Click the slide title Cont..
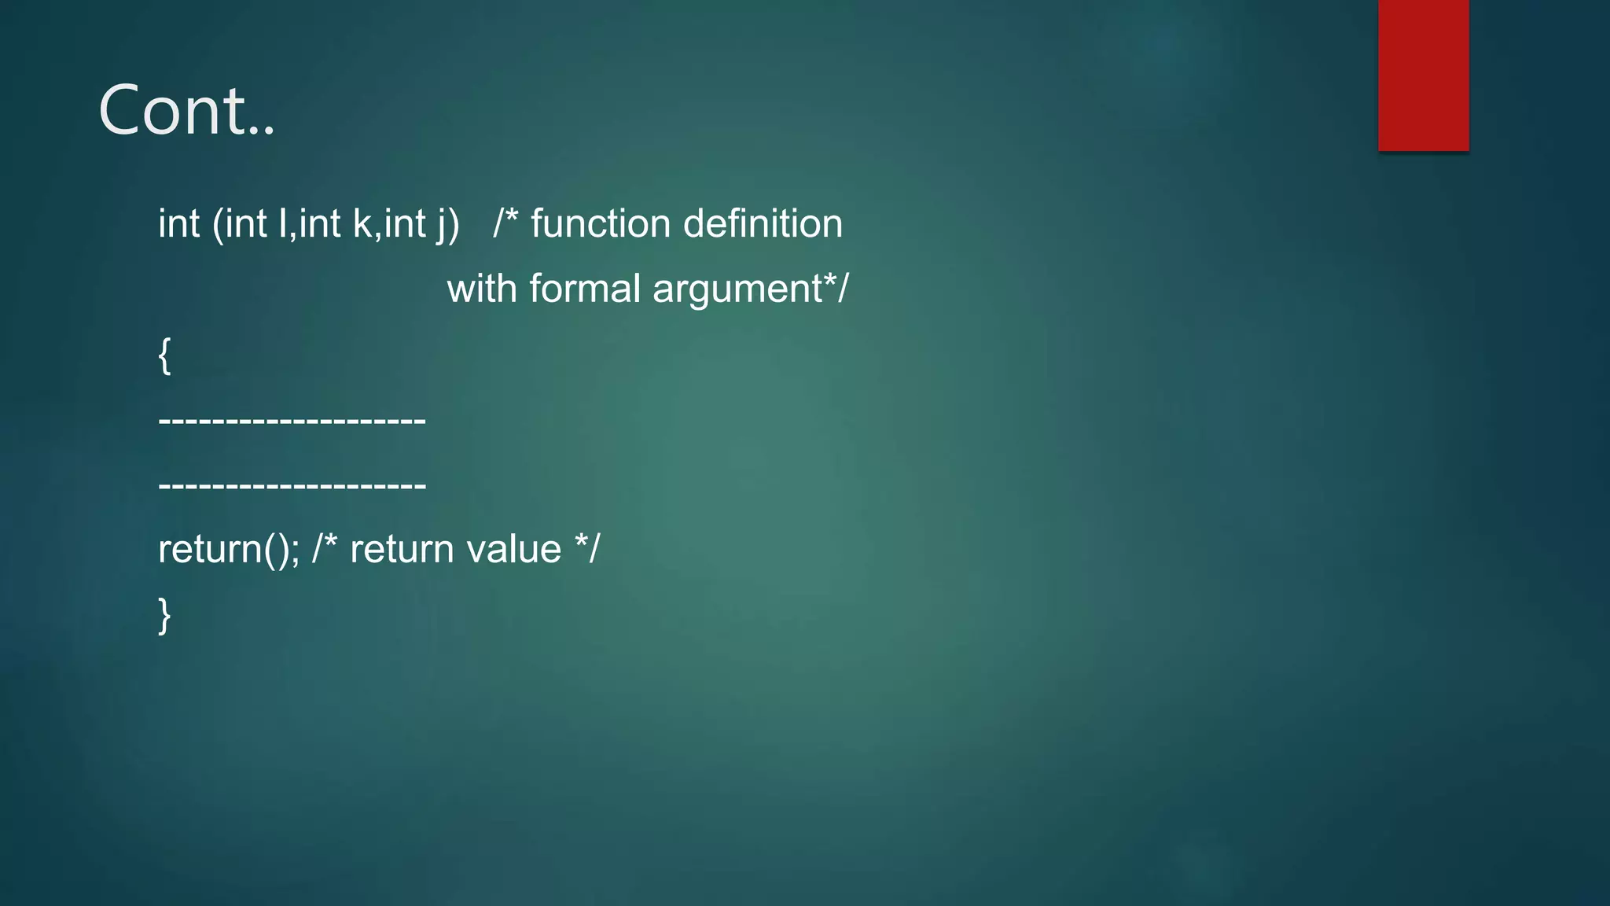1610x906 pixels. (186, 110)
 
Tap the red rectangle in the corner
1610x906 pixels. (1423, 75)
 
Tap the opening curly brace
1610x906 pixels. (164, 355)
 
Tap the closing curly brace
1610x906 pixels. (164, 615)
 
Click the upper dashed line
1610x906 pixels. (292, 421)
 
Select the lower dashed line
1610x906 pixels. (292, 486)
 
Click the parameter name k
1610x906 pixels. (362, 223)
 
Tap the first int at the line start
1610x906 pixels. (178, 223)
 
